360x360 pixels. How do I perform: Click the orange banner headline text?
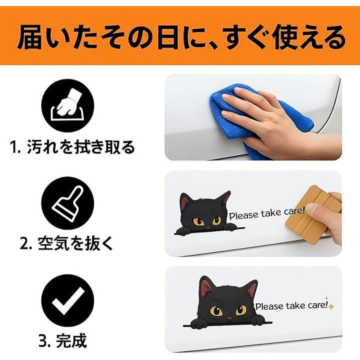point(181,38)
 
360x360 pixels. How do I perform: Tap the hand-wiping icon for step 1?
point(67,105)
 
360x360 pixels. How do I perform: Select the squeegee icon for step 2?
point(67,203)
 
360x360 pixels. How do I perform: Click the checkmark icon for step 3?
point(67,300)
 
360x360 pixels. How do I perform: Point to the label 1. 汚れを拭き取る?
point(72,147)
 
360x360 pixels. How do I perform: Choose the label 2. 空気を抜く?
point(66,243)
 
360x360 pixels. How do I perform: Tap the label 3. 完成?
point(62,340)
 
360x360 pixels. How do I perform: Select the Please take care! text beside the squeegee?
point(267,213)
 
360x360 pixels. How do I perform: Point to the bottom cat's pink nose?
point(229,318)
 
